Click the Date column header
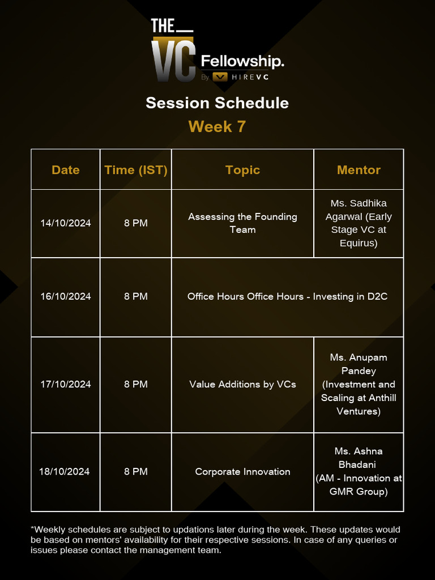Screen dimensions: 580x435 pos(66,170)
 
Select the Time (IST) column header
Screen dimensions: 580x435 pos(136,170)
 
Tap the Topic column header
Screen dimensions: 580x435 pos(242,170)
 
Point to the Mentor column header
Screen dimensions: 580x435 pos(359,170)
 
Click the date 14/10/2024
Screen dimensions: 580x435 pos(66,223)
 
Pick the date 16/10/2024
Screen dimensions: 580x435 pos(66,296)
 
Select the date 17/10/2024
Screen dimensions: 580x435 pos(66,384)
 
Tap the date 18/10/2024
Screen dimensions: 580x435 pos(65,471)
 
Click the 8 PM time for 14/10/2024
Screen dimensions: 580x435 pos(136,223)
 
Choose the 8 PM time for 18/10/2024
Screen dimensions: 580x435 pos(136,471)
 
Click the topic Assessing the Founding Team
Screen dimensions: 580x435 pos(242,223)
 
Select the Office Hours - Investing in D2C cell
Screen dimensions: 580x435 pos(287,296)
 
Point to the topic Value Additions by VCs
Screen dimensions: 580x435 pos(242,384)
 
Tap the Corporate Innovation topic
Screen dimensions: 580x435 pos(242,471)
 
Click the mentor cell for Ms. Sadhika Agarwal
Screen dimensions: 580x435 pos(359,223)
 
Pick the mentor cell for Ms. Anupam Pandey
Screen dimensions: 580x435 pos(359,384)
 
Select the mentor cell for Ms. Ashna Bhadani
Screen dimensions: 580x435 pos(359,471)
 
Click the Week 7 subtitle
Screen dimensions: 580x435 pos(217,126)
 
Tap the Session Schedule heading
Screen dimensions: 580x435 pos(217,103)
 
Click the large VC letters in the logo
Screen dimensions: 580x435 pos(173,59)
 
